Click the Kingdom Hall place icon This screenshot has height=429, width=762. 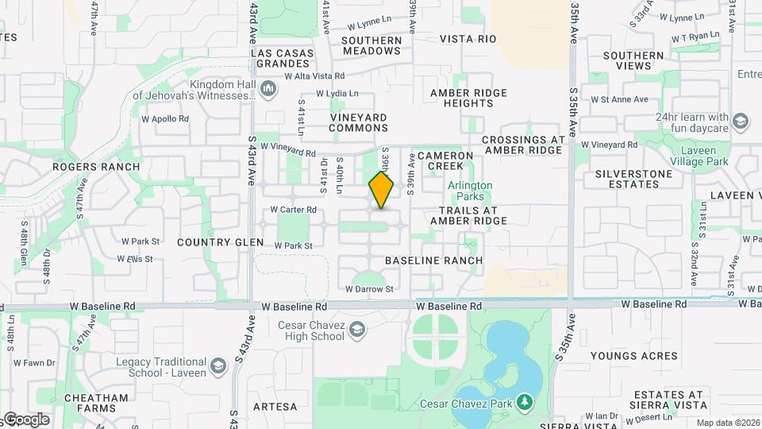(267, 87)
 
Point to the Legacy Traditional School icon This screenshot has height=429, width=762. (219, 365)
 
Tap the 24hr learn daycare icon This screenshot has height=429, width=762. (740, 122)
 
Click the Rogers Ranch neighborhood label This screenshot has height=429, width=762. (96, 167)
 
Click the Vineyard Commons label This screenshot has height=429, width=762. (359, 122)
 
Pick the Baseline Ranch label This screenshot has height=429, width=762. (433, 261)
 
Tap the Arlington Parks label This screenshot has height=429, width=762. (470, 191)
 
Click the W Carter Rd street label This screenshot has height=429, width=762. (294, 210)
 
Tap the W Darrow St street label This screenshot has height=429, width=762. (369, 288)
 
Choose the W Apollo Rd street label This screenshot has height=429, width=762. (165, 119)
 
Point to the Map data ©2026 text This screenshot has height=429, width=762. (727, 423)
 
